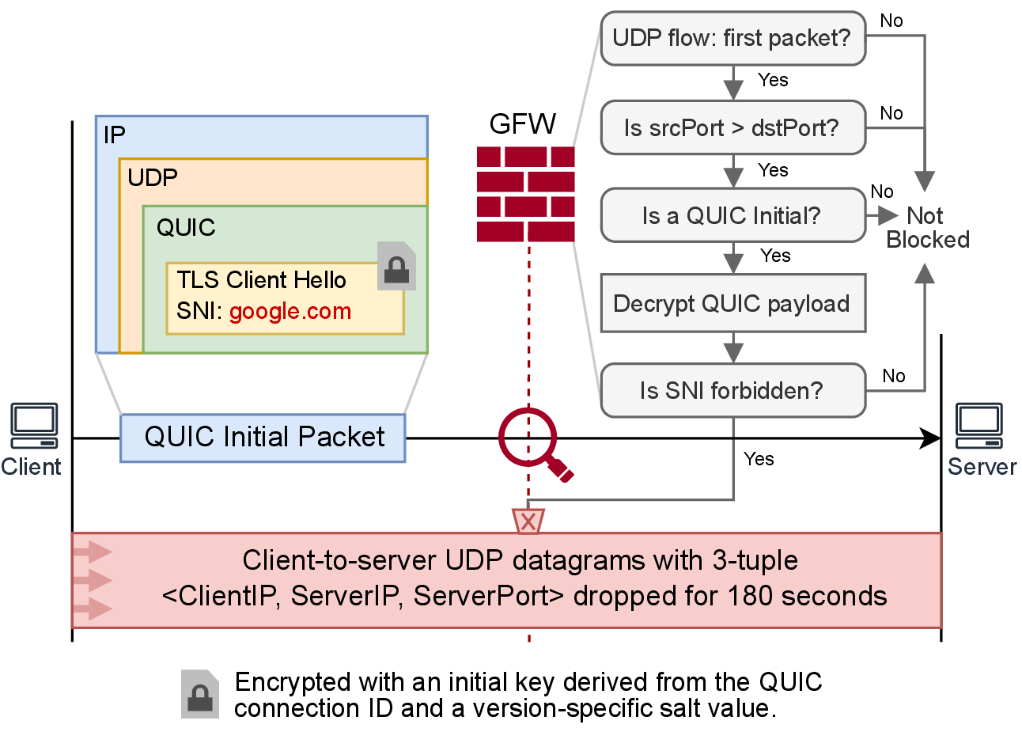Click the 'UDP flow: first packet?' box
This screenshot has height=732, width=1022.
[732, 38]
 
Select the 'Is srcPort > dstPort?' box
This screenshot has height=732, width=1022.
[732, 127]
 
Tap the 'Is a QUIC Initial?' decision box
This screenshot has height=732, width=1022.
[732, 215]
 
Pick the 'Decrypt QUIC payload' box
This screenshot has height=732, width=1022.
[732, 303]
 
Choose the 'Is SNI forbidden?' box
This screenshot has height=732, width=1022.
[732, 390]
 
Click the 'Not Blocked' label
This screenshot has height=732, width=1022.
[926, 227]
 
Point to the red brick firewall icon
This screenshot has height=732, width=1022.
[525, 194]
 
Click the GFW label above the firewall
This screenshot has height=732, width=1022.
[523, 124]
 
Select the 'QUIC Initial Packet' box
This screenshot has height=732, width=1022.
[263, 437]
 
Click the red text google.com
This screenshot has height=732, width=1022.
[290, 311]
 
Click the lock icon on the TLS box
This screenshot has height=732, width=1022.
[396, 267]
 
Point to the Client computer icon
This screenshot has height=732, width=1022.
[34, 426]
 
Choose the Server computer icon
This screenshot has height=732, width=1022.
[978, 426]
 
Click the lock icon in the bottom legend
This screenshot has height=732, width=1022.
[200, 694]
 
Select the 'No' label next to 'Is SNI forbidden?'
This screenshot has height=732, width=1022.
[894, 376]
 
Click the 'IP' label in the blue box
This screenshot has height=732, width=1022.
[115, 135]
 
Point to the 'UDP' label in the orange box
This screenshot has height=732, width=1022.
[153, 177]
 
